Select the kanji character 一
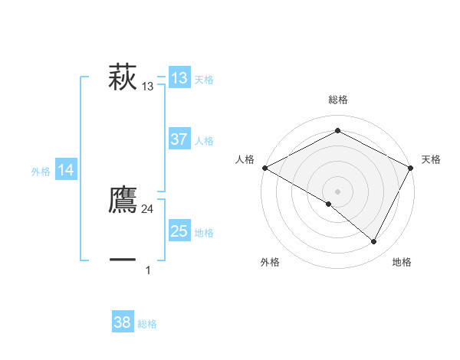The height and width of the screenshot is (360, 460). (x=123, y=260)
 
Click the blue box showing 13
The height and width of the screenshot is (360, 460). (x=179, y=78)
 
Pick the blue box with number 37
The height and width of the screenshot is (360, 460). (x=179, y=139)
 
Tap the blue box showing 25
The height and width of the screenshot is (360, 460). (x=179, y=231)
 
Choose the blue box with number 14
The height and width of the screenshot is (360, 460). (x=66, y=171)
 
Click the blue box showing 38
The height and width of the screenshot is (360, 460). (x=123, y=322)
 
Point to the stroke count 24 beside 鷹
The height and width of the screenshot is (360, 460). (x=148, y=209)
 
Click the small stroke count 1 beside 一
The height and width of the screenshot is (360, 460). (x=148, y=270)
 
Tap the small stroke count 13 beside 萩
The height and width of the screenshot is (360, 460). (x=148, y=87)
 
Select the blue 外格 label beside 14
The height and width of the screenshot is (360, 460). (x=41, y=172)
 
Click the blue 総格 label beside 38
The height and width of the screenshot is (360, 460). (x=147, y=324)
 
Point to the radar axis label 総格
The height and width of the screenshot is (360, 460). (x=337, y=100)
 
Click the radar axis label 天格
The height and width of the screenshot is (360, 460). (x=431, y=159)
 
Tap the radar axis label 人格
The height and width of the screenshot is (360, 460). (x=245, y=159)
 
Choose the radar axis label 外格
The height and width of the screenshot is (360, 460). (x=270, y=262)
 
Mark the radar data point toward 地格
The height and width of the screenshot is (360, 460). (x=374, y=242)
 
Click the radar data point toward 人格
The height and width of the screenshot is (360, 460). (x=264, y=168)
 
